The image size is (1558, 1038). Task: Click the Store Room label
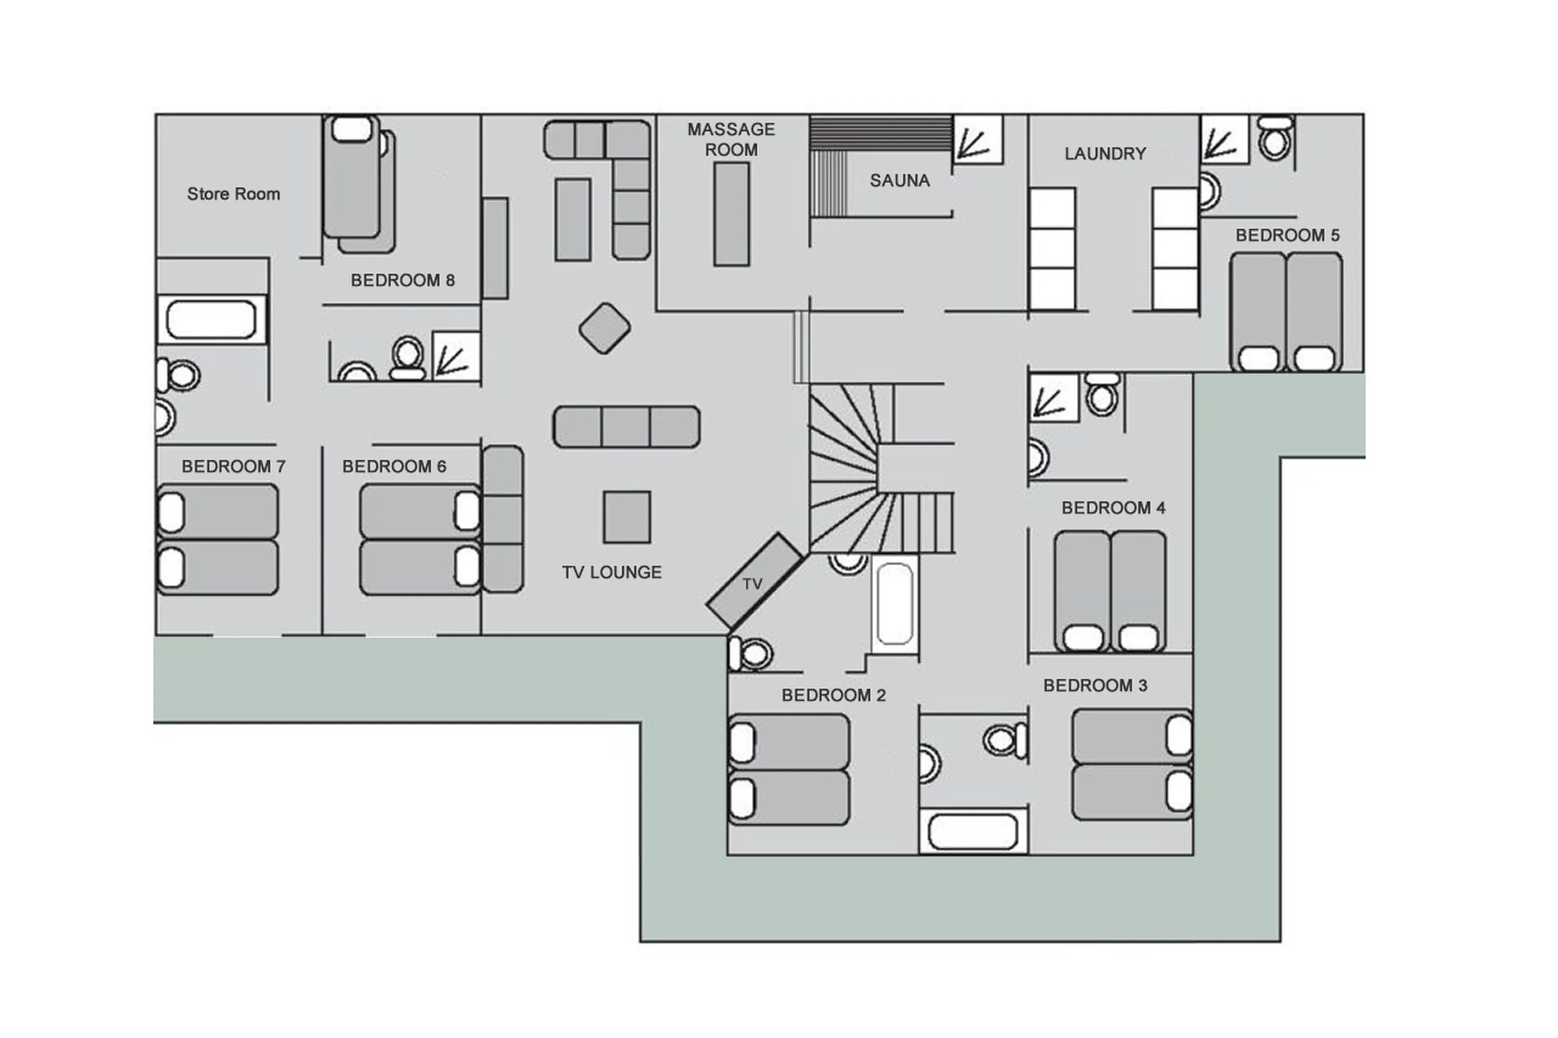tap(233, 194)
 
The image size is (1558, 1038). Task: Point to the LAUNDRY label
tap(1104, 154)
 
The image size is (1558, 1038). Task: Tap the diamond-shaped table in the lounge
tap(604, 328)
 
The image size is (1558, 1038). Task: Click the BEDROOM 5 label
tap(1287, 235)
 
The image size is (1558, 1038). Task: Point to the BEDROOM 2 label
tap(833, 695)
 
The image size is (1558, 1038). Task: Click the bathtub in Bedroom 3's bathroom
tap(972, 832)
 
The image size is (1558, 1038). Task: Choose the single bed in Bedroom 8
tap(352, 177)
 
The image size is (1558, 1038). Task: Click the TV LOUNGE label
tap(611, 572)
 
